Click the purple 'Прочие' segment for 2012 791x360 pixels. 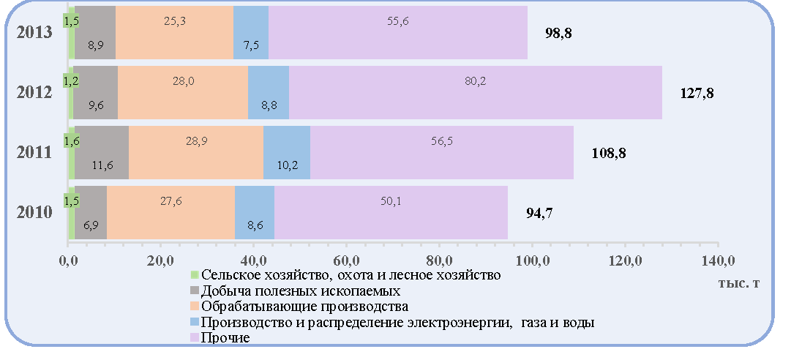pos(475,92)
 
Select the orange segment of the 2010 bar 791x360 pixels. pos(171,212)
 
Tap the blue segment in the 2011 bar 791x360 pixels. pos(287,152)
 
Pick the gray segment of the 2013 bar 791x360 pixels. pos(95,32)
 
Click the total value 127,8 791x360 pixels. pos(697,93)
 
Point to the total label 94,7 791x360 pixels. pos(539,213)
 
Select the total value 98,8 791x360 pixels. pos(558,33)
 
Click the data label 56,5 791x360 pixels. pos(441,141)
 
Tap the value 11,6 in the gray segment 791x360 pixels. pos(103,165)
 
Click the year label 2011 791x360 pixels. pos(34,152)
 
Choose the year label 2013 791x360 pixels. pos(34,32)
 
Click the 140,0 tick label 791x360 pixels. pos(717,261)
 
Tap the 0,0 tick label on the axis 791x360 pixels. pos(67,261)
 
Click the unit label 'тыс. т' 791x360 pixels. pos(738,283)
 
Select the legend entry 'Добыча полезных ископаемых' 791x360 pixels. pos(296,291)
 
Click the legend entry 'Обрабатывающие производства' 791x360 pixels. pos(299,307)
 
